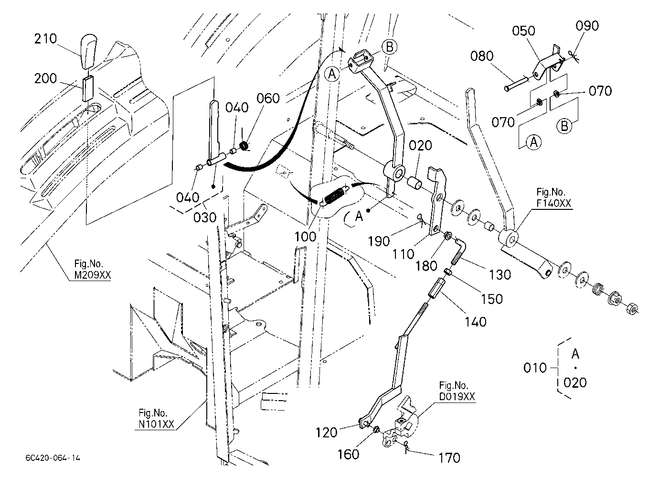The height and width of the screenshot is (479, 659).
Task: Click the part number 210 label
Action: (45, 39)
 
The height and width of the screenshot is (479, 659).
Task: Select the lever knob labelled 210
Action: (88, 52)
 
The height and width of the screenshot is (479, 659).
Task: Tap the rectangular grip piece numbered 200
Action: (88, 88)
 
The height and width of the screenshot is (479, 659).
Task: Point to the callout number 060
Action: (268, 98)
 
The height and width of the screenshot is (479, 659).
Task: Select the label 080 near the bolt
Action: (482, 56)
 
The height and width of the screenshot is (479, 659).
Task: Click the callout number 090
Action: (587, 26)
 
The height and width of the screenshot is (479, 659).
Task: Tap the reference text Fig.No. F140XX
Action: (553, 197)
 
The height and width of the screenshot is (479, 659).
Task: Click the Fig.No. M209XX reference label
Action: (92, 269)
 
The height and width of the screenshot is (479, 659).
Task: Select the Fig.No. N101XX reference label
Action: (157, 418)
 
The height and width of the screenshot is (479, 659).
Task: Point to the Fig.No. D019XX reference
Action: (457, 391)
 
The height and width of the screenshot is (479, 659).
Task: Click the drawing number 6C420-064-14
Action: (53, 458)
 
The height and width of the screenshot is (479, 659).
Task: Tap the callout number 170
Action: (449, 458)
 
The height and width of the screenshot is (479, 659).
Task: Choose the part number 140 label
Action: (476, 322)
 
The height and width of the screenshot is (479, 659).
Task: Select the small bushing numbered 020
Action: (415, 182)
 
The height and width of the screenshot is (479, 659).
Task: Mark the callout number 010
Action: (535, 368)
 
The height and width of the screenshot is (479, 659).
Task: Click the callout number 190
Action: (379, 241)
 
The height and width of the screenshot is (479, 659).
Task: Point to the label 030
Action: (205, 218)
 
